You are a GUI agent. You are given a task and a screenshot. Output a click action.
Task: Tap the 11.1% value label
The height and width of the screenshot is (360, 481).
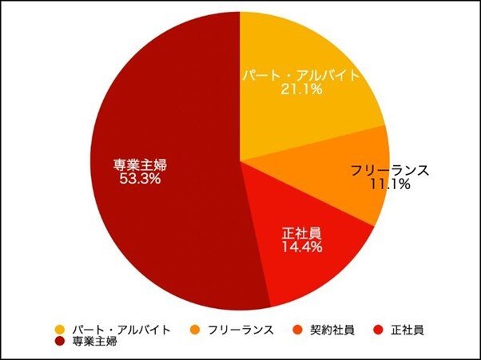click(x=391, y=185)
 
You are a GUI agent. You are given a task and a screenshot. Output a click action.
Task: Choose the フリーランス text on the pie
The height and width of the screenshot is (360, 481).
click(x=391, y=171)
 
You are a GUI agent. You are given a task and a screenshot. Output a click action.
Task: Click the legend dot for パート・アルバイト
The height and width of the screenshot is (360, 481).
click(x=60, y=329)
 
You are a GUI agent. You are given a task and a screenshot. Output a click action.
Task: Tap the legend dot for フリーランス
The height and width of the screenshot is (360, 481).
click(x=195, y=329)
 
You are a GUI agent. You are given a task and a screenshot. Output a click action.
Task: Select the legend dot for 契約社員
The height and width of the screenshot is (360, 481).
click(x=296, y=329)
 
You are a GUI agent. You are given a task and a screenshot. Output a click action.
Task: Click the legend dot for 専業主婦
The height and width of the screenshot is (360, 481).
click(x=60, y=342)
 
